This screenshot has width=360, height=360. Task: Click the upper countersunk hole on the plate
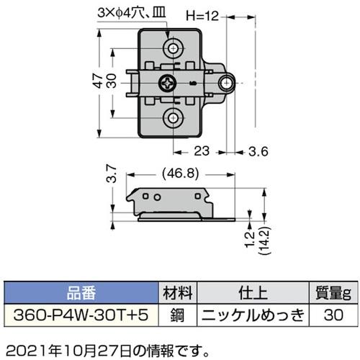pyautogui.click(x=174, y=48)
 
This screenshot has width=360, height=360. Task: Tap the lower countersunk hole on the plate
pyautogui.click(x=174, y=118)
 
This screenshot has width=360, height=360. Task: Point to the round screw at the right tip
pyautogui.click(x=225, y=84)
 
